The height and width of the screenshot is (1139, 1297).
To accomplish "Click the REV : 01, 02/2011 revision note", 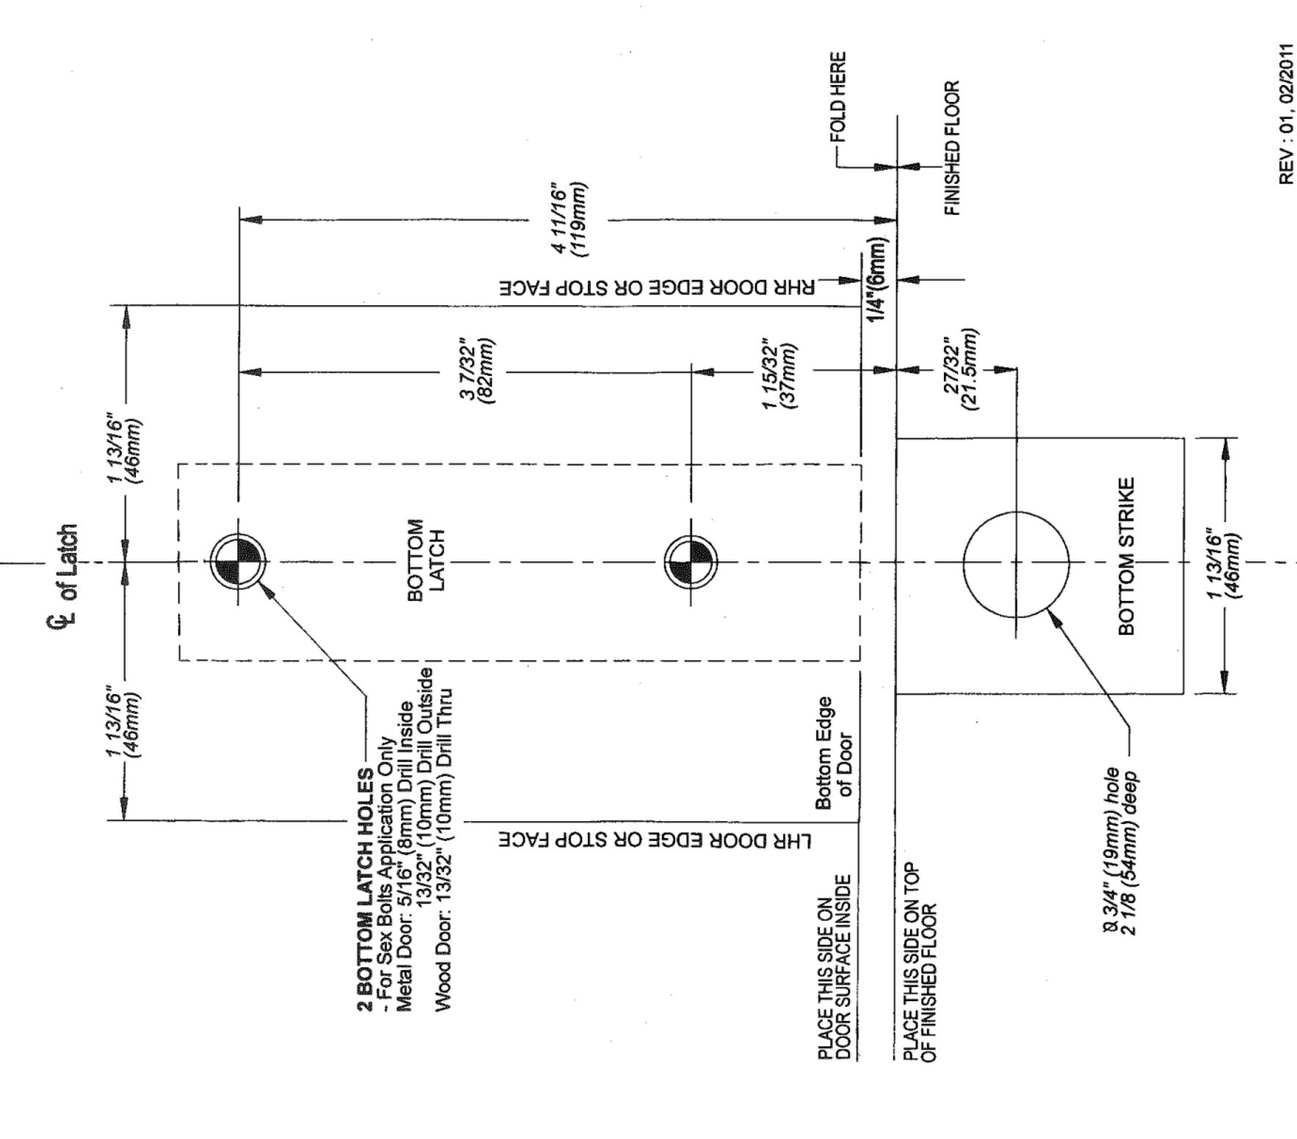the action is click(x=1286, y=114).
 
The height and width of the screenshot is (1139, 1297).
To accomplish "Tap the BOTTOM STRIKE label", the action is click(x=1126, y=556).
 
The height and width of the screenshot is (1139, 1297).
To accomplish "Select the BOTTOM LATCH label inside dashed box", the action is click(x=425, y=560).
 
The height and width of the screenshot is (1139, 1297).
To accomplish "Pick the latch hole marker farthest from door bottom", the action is click(x=238, y=562).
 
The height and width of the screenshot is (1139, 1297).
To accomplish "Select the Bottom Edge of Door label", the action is click(x=834, y=753).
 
